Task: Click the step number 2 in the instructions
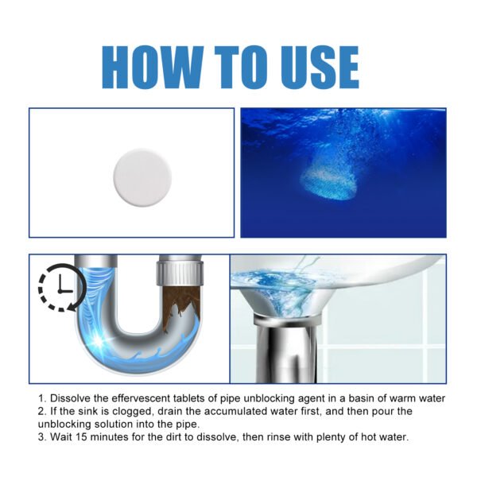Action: tap(40, 411)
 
